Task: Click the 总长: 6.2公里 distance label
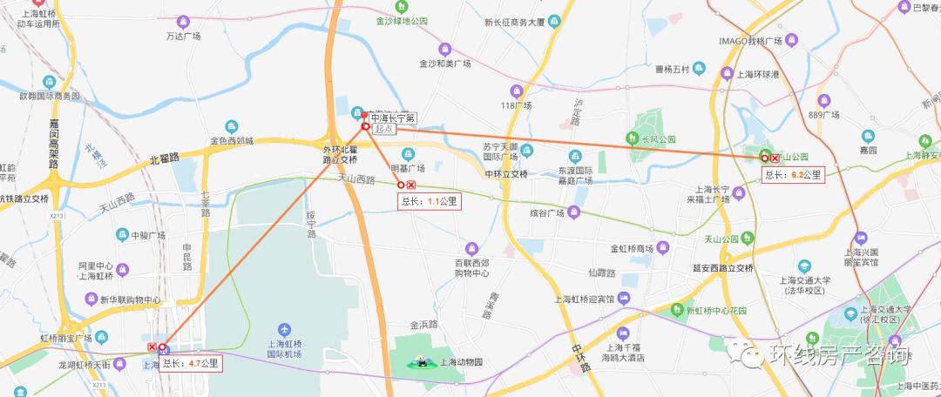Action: click(x=793, y=175)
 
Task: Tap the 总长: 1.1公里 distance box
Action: click(x=430, y=201)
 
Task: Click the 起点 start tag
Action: click(x=384, y=129)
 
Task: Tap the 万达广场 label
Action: click(x=183, y=36)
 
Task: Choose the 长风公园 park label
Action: click(x=659, y=138)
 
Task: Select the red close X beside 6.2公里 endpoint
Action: click(x=775, y=158)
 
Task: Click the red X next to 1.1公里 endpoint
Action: click(x=410, y=185)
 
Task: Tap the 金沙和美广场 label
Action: click(x=444, y=64)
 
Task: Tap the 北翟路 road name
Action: click(x=164, y=158)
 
